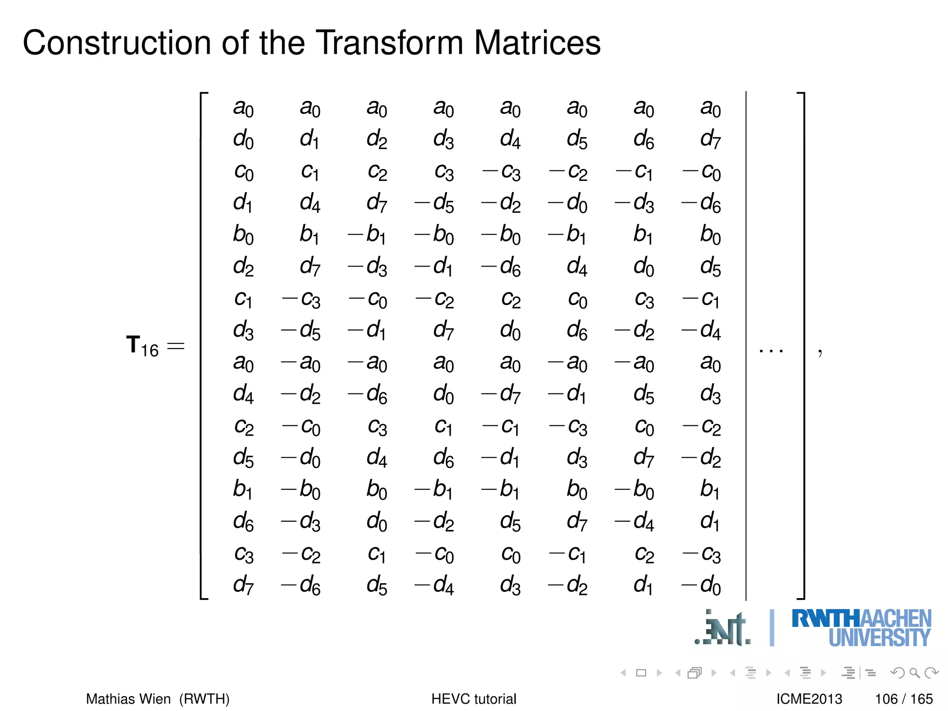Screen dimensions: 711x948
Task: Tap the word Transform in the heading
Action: coord(391,43)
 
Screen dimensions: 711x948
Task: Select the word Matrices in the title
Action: coord(537,43)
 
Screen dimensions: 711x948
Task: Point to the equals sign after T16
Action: coord(176,346)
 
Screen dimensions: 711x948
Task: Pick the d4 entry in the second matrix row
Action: coord(510,139)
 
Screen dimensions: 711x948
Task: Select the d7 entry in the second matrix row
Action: coord(710,139)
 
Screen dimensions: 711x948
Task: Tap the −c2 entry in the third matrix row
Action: coord(568,172)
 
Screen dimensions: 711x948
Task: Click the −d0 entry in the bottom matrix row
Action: coord(702,586)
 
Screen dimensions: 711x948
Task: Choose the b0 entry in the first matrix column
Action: coord(243,235)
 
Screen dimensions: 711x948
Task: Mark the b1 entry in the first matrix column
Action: coord(243,489)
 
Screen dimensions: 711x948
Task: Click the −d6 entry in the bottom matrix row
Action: coord(301,586)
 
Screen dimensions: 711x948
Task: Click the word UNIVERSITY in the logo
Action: coord(879,638)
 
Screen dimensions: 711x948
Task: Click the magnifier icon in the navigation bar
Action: coord(914,673)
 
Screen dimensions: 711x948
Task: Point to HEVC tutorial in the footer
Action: coord(474,699)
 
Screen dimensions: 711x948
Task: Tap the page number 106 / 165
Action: coord(904,699)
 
